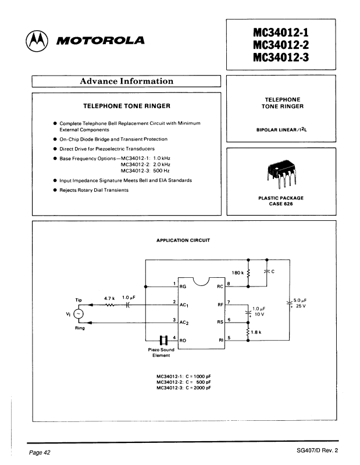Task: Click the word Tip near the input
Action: (x=80, y=301)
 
